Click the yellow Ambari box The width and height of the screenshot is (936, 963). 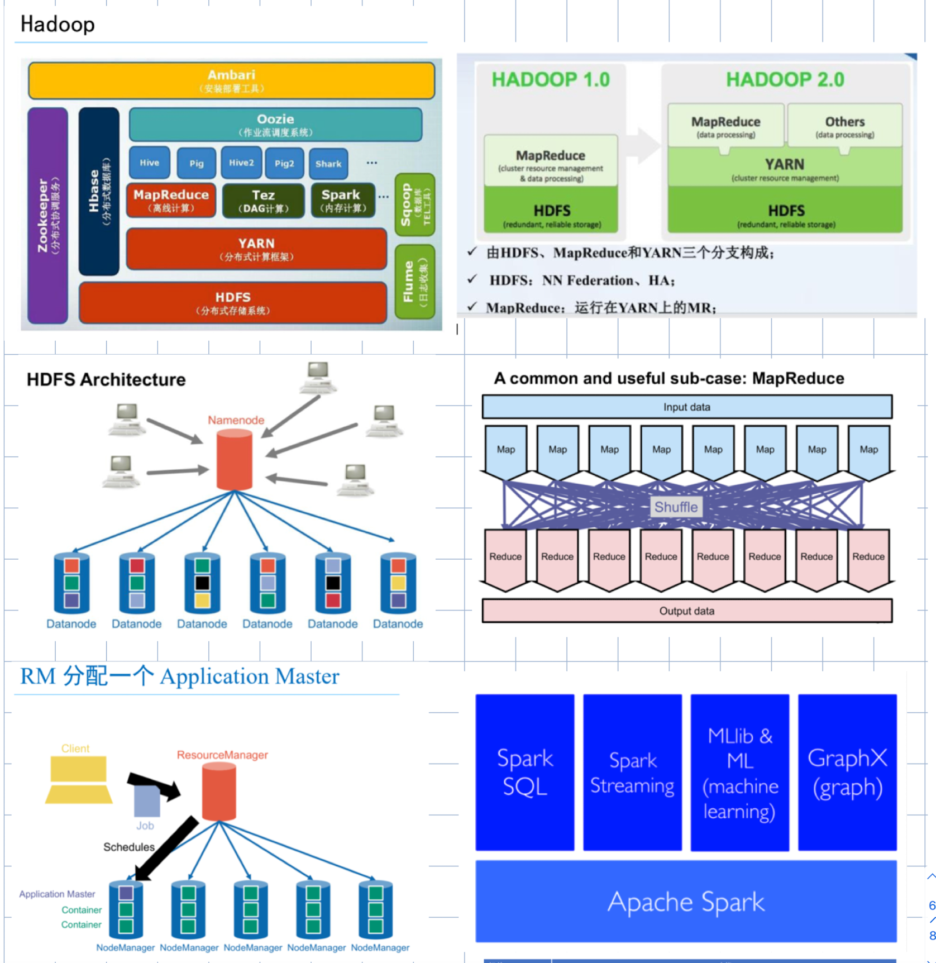(231, 80)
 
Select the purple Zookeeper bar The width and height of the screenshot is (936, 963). (47, 216)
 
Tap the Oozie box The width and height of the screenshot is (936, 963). (275, 125)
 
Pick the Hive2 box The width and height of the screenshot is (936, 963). (241, 163)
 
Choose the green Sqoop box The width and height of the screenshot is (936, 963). (414, 204)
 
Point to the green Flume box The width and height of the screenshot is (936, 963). (414, 282)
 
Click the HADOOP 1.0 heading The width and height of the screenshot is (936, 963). (550, 80)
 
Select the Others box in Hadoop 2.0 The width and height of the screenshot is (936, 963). (844, 125)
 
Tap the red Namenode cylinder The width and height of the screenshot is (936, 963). (234, 460)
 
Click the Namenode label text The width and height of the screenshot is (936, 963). (236, 420)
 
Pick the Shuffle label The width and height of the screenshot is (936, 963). (676, 507)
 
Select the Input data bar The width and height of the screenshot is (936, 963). (686, 407)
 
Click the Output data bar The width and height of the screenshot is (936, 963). (686, 611)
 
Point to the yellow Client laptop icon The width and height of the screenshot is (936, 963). (78, 779)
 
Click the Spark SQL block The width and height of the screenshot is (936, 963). (524, 772)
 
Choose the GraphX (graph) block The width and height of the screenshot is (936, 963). (847, 772)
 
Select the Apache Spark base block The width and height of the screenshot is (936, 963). (686, 902)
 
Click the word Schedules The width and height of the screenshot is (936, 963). (128, 847)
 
